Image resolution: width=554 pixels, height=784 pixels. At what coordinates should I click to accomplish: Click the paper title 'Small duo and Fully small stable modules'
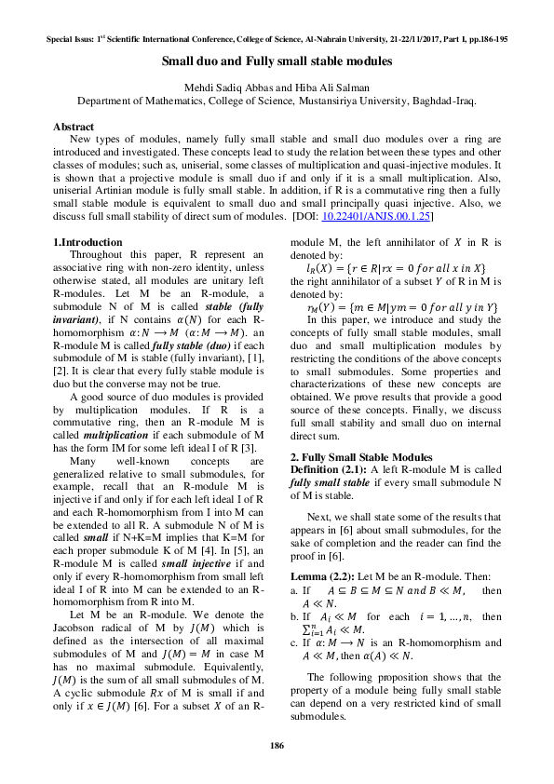(277, 61)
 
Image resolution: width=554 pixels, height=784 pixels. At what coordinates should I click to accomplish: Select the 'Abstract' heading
(74, 126)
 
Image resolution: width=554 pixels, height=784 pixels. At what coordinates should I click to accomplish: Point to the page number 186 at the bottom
(277, 746)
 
